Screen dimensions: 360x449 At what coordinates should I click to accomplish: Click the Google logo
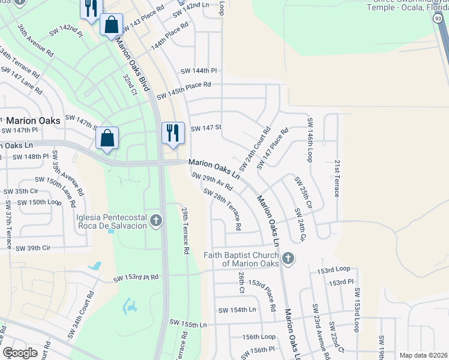point(20,353)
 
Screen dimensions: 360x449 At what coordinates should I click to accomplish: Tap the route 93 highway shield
point(439,19)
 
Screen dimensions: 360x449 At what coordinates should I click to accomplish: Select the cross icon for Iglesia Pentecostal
point(156,221)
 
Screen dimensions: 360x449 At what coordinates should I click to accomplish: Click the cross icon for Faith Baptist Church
point(289,259)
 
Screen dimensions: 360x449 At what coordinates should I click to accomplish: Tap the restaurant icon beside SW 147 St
point(173,133)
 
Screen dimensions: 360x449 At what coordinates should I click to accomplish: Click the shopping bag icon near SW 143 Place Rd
point(111,25)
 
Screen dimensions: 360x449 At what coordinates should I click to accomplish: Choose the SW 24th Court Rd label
point(255,148)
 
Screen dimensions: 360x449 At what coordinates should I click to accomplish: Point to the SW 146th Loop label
point(310,140)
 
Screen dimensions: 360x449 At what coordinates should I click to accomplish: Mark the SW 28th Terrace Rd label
point(222,210)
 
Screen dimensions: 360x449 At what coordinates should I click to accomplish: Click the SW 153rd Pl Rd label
point(136,278)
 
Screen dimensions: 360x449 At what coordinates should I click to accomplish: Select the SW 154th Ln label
point(237,310)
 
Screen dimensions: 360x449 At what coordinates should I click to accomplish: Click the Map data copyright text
point(423,355)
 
